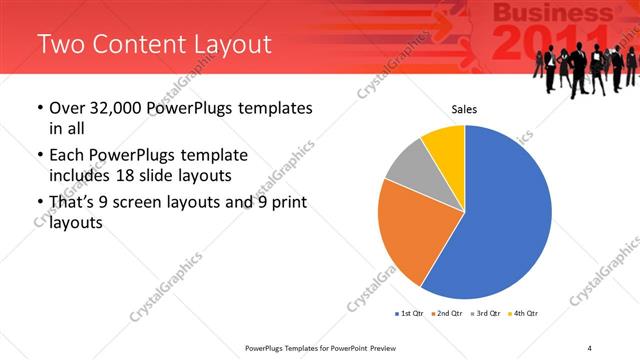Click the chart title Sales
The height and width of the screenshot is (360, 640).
464,109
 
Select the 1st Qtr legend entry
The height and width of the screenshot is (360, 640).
409,314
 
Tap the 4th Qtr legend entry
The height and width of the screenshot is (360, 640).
524,314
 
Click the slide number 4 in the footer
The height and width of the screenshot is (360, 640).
589,347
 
